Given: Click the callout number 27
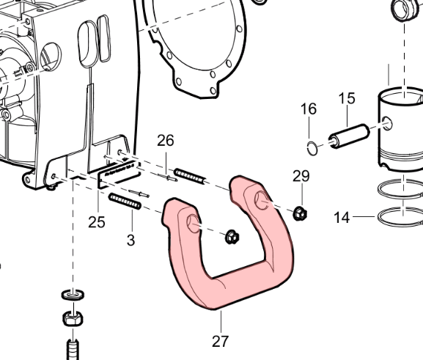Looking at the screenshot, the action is click(221, 342).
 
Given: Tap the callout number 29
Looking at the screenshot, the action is click(301, 176).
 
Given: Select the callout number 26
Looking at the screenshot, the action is click(166, 141).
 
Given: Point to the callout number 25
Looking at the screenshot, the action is click(97, 222).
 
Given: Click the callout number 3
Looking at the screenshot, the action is click(130, 240).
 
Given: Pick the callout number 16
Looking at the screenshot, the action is click(309, 109).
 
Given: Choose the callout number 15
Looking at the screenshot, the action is click(347, 98).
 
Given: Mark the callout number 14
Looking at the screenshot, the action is click(342, 218).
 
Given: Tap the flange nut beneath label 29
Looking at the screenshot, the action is click(299, 214).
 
